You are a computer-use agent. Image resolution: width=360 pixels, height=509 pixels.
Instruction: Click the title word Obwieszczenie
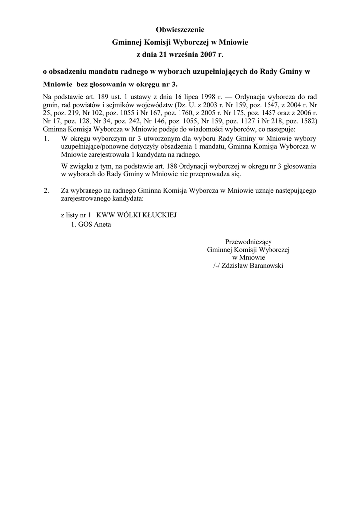coord(180,31)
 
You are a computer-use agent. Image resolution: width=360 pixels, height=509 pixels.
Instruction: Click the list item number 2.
coord(47,190)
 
